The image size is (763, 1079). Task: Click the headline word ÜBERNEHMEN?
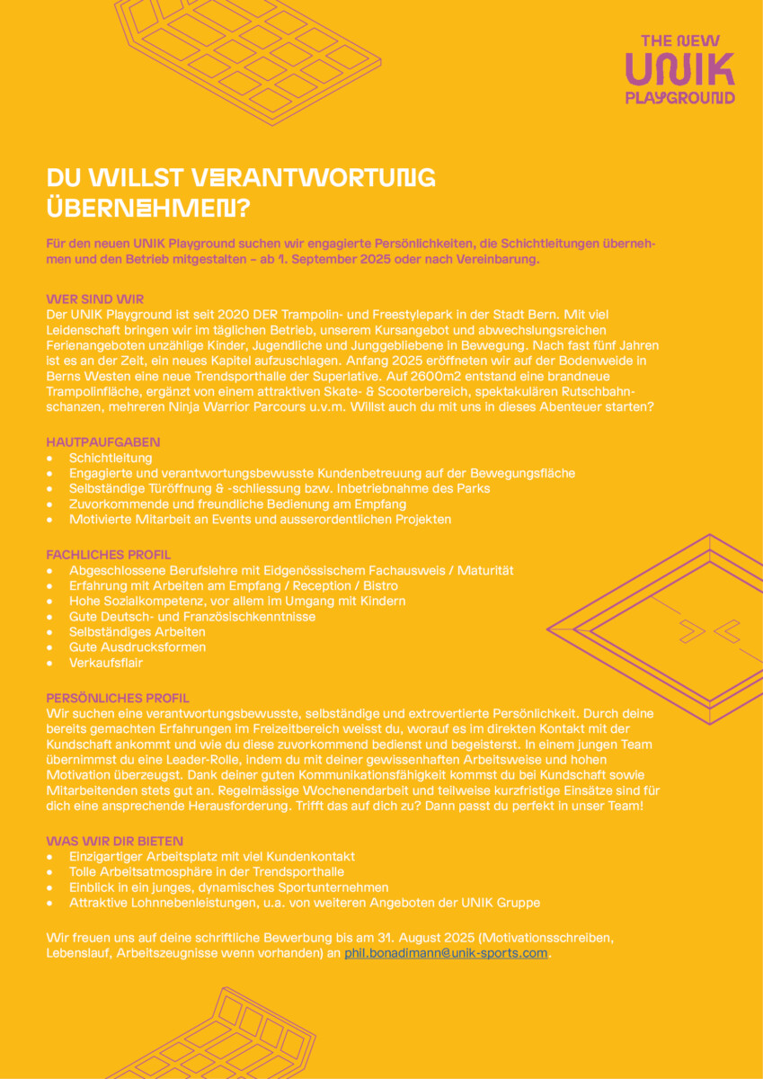(148, 207)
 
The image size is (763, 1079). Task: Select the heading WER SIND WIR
(94, 299)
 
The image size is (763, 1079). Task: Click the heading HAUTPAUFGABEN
(103, 442)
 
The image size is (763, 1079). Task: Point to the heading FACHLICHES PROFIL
(108, 555)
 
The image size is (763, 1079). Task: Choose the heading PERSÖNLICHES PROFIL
(118, 697)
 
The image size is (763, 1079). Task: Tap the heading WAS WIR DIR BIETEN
(114, 841)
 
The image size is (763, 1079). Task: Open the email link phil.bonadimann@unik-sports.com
(446, 953)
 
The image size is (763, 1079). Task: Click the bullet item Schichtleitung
(111, 459)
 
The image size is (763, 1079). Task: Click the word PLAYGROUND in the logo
(679, 97)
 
